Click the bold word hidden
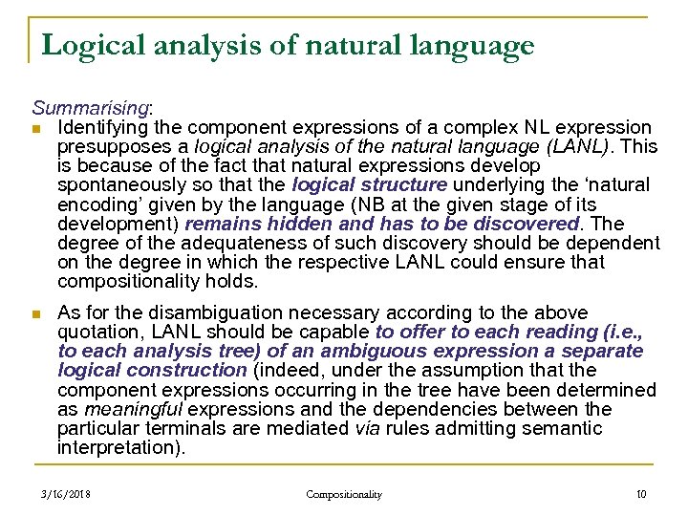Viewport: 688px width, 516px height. click(285, 222)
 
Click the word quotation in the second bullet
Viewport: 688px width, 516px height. click(97, 332)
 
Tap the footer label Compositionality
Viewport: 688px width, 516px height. click(343, 494)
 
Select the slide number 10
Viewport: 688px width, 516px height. click(640, 494)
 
